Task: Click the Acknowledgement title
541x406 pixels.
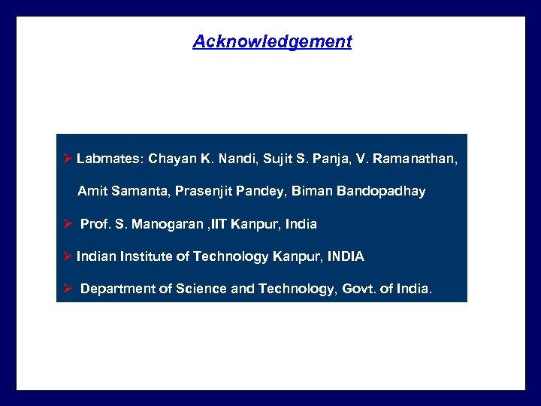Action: (272, 41)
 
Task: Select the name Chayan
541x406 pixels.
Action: (172, 159)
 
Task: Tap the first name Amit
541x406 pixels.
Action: (92, 191)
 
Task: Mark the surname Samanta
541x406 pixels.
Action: (141, 191)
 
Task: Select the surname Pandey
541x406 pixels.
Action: (260, 191)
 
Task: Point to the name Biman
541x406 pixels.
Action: (312, 191)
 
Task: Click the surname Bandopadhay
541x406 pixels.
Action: (381, 191)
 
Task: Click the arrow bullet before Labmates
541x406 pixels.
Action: (67, 159)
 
